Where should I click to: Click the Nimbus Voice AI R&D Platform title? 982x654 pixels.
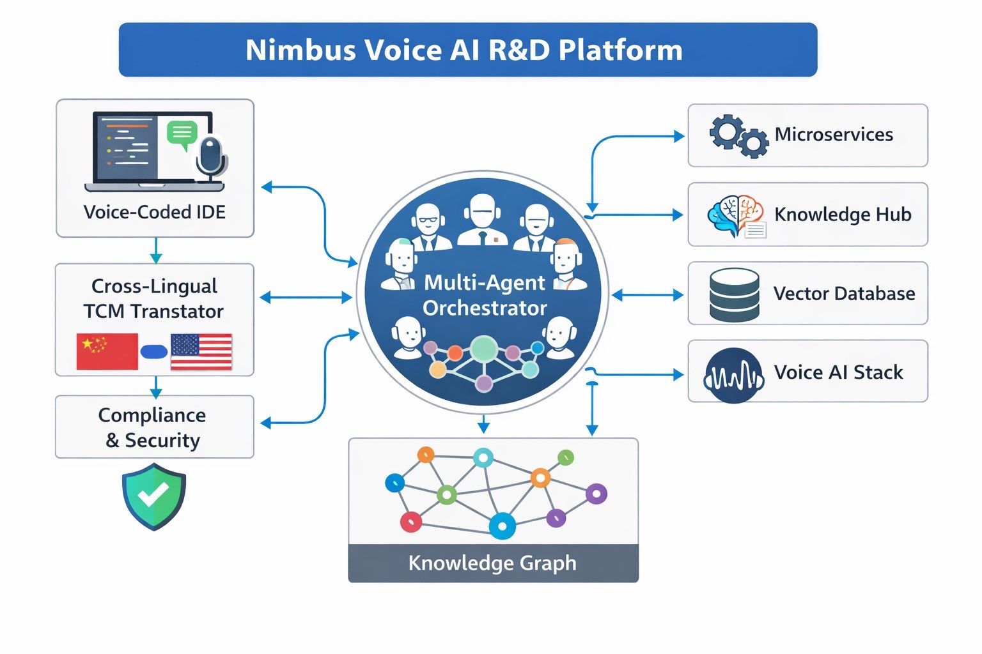click(464, 50)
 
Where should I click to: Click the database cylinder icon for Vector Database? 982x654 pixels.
click(735, 294)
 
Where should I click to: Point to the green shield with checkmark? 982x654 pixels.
click(153, 496)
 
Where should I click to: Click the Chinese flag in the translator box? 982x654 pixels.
click(107, 351)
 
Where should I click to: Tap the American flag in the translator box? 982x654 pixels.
click(201, 351)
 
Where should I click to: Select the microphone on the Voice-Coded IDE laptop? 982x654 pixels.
click(210, 156)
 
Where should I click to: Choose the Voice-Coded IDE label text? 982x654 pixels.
click(155, 212)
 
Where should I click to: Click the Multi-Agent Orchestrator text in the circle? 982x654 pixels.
click(485, 295)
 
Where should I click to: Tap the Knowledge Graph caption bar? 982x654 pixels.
click(493, 563)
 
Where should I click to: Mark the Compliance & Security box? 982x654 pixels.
click(154, 427)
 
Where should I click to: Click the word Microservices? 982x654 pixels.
click(834, 135)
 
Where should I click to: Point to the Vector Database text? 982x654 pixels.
click(844, 294)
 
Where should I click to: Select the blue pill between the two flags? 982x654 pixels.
click(153, 351)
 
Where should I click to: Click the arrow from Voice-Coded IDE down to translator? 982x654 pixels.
click(155, 250)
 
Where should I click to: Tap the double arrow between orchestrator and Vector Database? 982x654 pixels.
click(647, 295)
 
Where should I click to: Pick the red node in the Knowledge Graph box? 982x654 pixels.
click(410, 522)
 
